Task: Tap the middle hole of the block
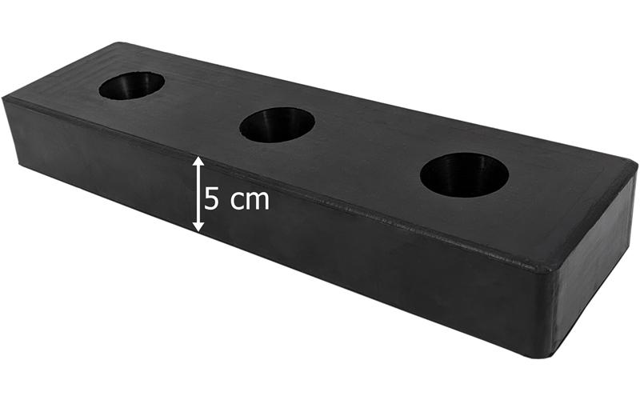click(x=277, y=125)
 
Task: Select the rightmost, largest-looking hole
click(x=464, y=175)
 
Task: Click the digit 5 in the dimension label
click(x=211, y=198)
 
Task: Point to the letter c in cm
click(x=237, y=202)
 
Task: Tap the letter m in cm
click(x=258, y=202)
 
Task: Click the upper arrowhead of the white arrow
click(x=198, y=162)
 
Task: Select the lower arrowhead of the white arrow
click(x=198, y=227)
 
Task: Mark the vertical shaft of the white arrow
click(x=198, y=194)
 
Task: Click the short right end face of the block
click(x=592, y=266)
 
